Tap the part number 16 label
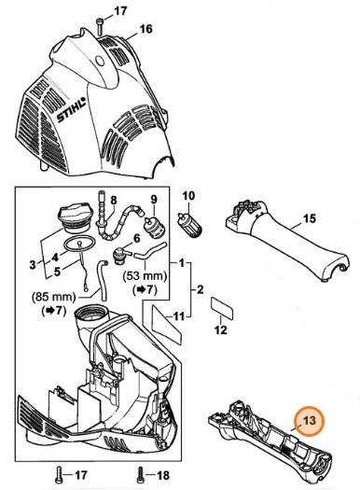145,30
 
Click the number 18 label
159,475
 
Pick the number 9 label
145,199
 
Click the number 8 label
114,200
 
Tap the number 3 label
35,264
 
